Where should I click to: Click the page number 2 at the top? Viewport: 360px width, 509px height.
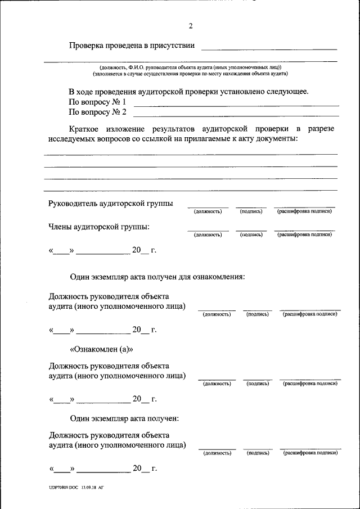pyautogui.click(x=191, y=26)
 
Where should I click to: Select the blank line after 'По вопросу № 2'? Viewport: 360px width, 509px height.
pyautogui.click(x=236, y=114)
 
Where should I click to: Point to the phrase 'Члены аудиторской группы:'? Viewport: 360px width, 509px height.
pyautogui.click(x=99, y=227)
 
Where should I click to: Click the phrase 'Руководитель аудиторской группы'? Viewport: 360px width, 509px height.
pyautogui.click(x=111, y=203)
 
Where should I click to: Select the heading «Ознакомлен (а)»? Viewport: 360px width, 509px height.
pyautogui.click(x=101, y=349)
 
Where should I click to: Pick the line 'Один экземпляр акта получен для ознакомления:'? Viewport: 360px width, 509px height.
pyautogui.click(x=157, y=277)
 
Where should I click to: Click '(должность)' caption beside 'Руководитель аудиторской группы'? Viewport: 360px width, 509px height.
pyautogui.click(x=208, y=211)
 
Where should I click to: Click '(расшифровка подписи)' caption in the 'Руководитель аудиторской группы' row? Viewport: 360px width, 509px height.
pyautogui.click(x=304, y=211)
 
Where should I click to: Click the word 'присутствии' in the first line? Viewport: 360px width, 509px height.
pyautogui.click(x=174, y=45)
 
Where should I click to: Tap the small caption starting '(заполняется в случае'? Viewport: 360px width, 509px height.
pyautogui.click(x=190, y=74)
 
